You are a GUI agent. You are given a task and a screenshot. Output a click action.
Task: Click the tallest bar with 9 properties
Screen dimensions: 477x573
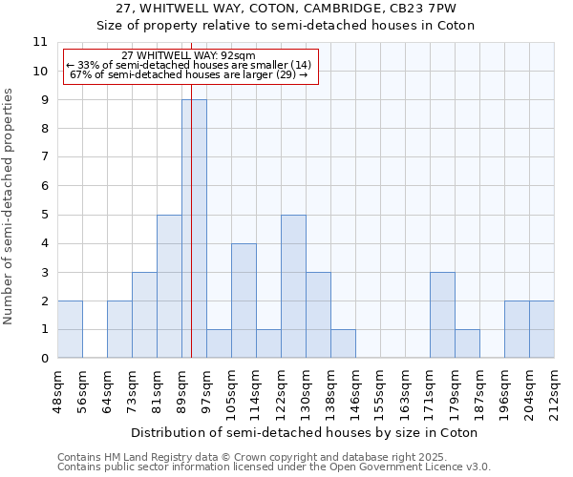[x=194, y=229]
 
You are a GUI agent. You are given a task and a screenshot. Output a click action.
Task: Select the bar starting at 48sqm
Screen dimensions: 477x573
[x=70, y=329]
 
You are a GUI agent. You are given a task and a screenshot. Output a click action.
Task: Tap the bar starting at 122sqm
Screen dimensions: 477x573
[x=293, y=286]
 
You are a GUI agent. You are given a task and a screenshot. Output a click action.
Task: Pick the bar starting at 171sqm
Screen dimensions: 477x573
[x=442, y=315]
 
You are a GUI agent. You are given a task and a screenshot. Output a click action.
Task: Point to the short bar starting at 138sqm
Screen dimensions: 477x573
[x=343, y=343]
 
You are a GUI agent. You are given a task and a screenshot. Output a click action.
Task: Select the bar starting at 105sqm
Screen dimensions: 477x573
[x=244, y=301]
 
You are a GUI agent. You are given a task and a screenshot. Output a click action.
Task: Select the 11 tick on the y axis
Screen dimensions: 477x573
[x=40, y=42]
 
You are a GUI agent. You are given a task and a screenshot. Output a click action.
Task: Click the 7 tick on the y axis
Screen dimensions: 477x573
[x=44, y=157]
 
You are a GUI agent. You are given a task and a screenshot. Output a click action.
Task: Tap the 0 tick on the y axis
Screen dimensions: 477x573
[x=44, y=359]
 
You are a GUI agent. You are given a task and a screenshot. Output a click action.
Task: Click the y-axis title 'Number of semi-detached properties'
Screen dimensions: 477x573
[x=10, y=206]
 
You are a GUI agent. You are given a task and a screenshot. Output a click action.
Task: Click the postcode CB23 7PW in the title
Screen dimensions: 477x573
[x=424, y=8]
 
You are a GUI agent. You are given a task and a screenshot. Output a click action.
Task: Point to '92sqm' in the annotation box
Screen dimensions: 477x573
[x=239, y=56]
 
